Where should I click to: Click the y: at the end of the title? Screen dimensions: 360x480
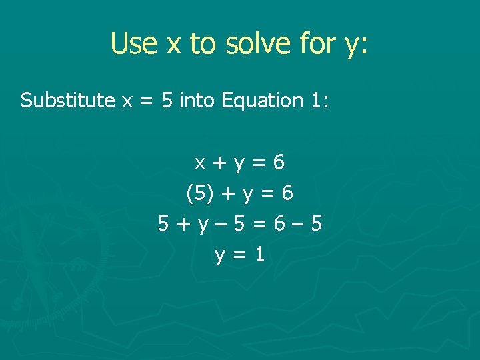click(x=357, y=45)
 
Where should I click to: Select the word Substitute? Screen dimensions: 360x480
click(x=67, y=101)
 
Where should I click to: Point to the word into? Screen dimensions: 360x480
click(x=197, y=101)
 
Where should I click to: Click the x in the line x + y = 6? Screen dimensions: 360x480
click(x=199, y=163)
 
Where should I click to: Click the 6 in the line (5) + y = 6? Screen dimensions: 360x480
click(x=287, y=193)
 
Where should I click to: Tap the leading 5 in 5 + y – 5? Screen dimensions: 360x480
click(x=163, y=224)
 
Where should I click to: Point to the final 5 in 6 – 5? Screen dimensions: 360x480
click(x=317, y=224)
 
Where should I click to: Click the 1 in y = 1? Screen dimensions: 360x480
click(x=259, y=254)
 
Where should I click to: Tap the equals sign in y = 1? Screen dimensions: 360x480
click(x=239, y=255)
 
